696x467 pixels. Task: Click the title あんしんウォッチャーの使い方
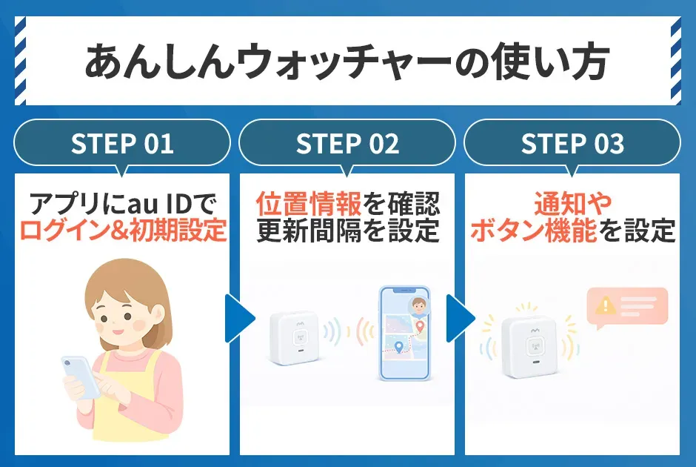tap(347, 62)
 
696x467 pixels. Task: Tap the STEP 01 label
tap(122, 144)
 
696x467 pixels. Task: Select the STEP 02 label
tap(347, 144)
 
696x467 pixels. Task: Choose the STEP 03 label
tap(572, 144)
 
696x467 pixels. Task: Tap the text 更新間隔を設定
tap(347, 231)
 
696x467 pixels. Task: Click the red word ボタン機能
tap(534, 231)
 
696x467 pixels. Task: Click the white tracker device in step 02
tap(293, 337)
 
